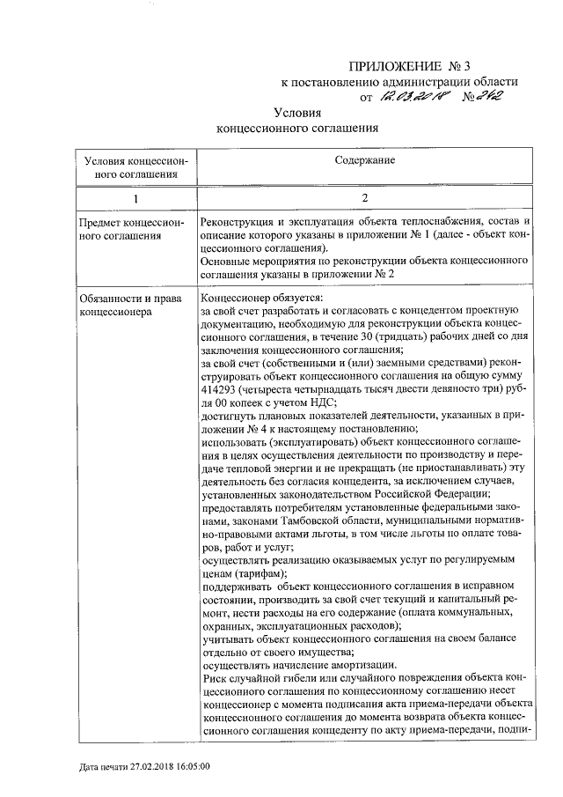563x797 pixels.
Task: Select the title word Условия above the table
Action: pos(297,113)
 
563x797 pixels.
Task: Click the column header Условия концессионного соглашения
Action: pos(131,167)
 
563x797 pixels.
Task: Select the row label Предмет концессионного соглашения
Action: pos(131,228)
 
